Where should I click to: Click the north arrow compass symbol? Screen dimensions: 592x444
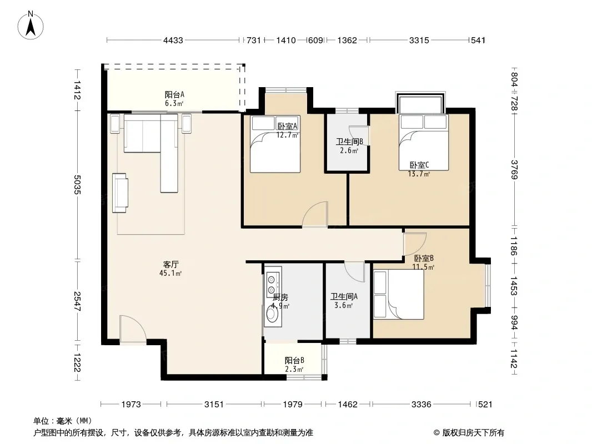pos(31,25)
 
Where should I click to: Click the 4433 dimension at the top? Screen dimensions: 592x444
pos(173,40)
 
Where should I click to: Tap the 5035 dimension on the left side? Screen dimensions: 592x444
pos(77,184)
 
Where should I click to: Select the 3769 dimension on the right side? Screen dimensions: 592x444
pos(514,170)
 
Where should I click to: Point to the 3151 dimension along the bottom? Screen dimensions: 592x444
pos(214,405)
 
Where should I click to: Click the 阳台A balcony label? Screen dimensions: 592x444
pos(174,95)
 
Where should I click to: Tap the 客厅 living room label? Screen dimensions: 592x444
pos(170,264)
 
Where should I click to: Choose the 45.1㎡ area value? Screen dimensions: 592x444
pos(170,273)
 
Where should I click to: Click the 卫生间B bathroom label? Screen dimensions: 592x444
pos(350,142)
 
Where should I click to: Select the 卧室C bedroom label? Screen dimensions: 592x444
pos(419,165)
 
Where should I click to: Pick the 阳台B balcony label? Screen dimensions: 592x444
pos(294,361)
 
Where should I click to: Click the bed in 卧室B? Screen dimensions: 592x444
pos(399,294)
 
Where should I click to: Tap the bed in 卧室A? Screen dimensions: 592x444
pos(275,144)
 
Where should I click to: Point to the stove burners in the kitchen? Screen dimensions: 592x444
pos(271,285)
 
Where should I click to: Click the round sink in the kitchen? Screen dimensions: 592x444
pos(271,313)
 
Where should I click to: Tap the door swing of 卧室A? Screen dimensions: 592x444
pos(315,214)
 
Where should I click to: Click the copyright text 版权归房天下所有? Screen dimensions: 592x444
pos(474,433)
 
